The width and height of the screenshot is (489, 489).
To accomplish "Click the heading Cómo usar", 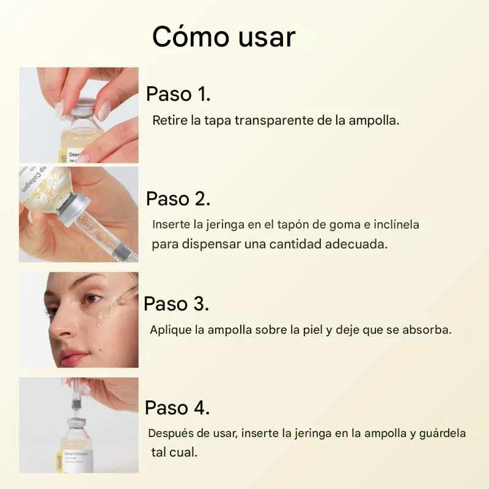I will click(223, 37).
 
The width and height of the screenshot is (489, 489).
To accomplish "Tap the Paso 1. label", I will click(178, 94).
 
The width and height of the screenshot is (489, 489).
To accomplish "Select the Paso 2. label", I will click(178, 199).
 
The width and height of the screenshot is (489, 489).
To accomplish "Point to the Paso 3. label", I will click(176, 304).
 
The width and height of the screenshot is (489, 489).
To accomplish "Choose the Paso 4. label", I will click(177, 408).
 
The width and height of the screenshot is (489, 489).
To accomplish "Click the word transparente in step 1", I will click(274, 120).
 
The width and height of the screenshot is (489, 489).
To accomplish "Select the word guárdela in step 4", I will click(443, 434).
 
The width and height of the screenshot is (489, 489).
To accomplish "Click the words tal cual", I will click(174, 453).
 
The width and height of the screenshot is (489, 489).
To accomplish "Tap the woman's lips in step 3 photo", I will click(73, 355).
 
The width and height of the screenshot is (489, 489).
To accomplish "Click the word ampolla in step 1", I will click(373, 120).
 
